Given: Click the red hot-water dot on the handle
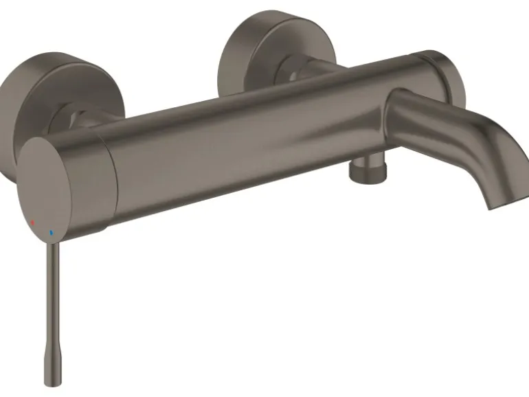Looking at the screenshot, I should coord(32,224).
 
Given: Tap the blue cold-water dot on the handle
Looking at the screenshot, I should coord(50,234).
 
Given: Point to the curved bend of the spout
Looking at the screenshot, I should coord(474,131).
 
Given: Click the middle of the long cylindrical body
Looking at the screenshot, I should coord(261,131).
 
